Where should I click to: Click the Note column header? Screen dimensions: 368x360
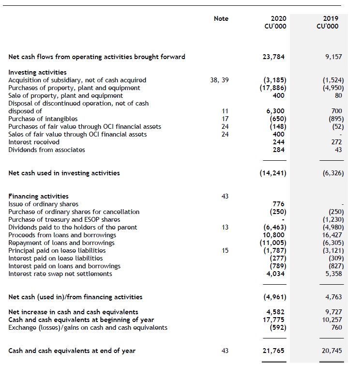(221, 18)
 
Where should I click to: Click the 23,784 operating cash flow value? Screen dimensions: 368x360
(274, 57)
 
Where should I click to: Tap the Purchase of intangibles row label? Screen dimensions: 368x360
(43, 119)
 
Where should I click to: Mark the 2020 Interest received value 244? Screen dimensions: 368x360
(279, 142)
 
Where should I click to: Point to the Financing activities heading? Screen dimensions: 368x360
(39, 196)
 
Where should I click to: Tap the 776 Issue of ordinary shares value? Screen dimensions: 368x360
(279, 204)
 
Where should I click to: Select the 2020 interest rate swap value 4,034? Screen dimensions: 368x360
(276, 274)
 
